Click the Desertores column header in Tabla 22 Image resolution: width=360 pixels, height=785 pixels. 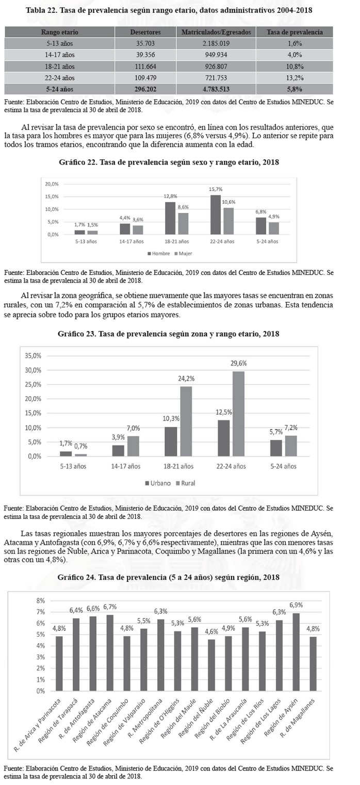pyautogui.click(x=146, y=32)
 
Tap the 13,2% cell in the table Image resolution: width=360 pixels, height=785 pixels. pyautogui.click(x=294, y=78)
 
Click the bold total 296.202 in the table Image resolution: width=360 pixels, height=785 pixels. pyautogui.click(x=146, y=89)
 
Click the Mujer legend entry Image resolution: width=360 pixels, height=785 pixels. pyautogui.click(x=184, y=254)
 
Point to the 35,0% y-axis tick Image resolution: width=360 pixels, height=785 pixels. pyautogui.click(x=33, y=356)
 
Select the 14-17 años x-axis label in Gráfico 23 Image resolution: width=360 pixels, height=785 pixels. pyautogui.click(x=126, y=466)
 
